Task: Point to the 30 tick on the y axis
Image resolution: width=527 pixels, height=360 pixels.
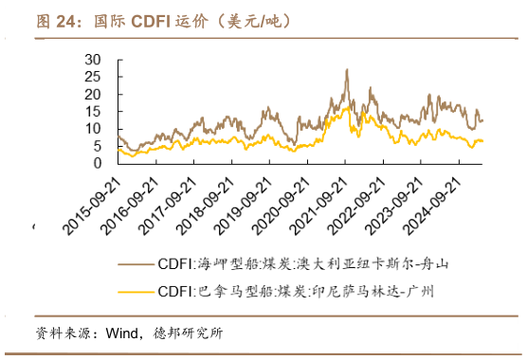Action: [x=92, y=60]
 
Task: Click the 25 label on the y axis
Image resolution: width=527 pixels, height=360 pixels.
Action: [x=92, y=78]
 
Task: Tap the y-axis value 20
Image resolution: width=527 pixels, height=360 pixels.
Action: [x=92, y=95]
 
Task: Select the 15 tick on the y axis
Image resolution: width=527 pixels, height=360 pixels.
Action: [x=92, y=112]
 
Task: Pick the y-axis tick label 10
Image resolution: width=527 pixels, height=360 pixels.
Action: [x=92, y=129]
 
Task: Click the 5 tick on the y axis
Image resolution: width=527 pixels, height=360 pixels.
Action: [x=97, y=146]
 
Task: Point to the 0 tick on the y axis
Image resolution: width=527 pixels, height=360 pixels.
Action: [x=97, y=163]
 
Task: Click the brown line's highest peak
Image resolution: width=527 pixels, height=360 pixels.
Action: [x=346, y=70]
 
